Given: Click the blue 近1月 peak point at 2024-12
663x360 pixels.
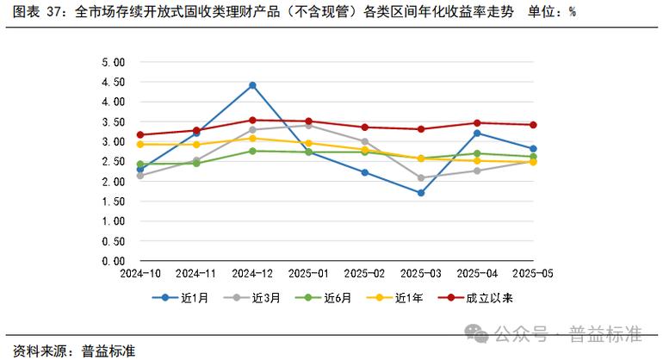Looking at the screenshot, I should [252, 85].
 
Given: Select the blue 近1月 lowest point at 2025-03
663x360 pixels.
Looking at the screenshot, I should [421, 193].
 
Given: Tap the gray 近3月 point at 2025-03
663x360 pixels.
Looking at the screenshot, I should [421, 178].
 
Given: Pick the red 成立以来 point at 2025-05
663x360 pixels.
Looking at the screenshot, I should [533, 125].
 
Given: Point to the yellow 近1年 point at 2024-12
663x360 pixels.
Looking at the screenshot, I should [252, 138].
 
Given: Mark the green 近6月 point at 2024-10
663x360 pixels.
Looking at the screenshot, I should [140, 164].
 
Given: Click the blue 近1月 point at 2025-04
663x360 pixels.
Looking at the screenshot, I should [477, 133].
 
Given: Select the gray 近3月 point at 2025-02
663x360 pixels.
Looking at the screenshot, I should [365, 141].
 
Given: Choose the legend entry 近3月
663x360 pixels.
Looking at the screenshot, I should [258, 299].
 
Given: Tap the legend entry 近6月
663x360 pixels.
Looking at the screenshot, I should [330, 299].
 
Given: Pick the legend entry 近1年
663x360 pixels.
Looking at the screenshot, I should [400, 299].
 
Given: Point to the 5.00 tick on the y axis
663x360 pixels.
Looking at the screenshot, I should [114, 62].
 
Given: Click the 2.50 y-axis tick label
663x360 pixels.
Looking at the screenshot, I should [114, 161].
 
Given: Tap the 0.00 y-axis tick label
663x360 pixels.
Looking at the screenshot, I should [114, 260].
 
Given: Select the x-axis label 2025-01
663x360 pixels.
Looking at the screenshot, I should [308, 273].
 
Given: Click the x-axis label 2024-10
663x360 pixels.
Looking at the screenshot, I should [140, 273].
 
